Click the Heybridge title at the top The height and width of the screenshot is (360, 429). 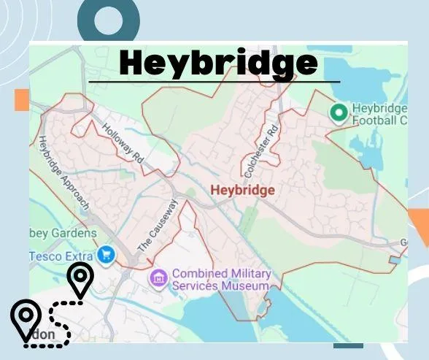[218, 64]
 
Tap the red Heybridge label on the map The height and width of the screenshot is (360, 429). [242, 191]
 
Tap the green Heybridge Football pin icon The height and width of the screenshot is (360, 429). [338, 112]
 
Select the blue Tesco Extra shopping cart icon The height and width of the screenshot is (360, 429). [107, 256]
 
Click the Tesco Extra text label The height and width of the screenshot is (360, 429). [62, 256]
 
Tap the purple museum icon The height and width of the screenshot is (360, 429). [158, 277]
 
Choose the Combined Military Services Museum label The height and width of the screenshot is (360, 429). [220, 280]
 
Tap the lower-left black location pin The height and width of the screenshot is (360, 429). [26, 318]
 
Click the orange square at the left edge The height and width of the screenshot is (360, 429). [21, 100]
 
